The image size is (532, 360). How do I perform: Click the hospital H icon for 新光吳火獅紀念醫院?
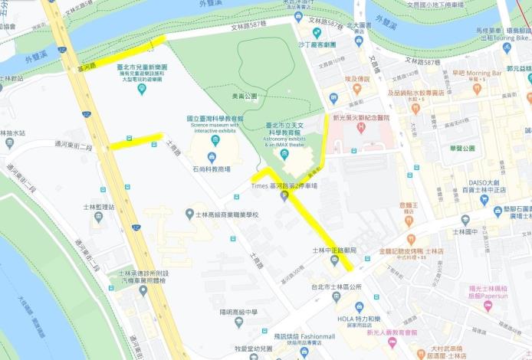359,125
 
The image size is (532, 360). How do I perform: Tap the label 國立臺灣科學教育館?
215,119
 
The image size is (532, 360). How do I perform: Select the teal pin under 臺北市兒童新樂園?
142,90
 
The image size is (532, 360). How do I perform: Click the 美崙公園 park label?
244,96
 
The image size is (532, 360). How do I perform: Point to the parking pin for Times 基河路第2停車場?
284,196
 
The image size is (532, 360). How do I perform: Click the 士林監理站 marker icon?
98,217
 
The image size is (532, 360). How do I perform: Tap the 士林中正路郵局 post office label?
334,250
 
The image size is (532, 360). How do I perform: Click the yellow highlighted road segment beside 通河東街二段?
135,141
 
